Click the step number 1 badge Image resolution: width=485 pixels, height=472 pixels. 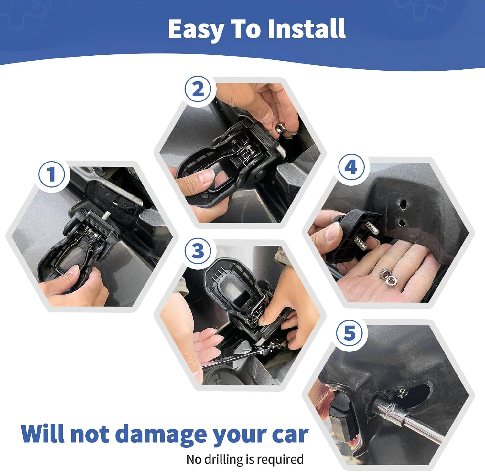click(52, 174)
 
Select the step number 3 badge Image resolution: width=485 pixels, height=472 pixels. click(198, 251)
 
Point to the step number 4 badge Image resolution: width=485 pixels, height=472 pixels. click(351, 167)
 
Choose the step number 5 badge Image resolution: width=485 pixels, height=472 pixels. click(350, 333)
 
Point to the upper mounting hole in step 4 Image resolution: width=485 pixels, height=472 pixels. click(403, 204)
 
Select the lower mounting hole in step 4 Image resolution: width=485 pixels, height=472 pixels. click(402, 223)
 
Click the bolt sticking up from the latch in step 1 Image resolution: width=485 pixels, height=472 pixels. click(106, 214)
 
